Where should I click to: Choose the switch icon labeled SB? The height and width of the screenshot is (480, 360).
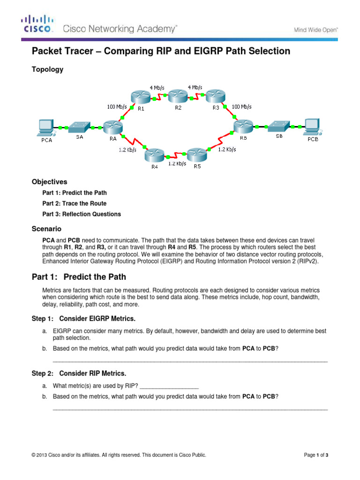[x=278, y=126]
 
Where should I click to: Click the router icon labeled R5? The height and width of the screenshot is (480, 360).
[x=196, y=155]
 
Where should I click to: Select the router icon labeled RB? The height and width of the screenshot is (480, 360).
[x=244, y=126]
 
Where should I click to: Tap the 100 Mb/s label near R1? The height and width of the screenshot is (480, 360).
[x=120, y=107]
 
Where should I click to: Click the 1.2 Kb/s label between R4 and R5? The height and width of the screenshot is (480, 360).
[x=177, y=164]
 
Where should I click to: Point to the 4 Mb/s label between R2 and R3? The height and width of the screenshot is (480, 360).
[x=195, y=87]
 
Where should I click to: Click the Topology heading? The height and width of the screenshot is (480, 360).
[x=47, y=69]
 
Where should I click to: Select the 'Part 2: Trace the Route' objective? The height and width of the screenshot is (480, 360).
[x=75, y=203]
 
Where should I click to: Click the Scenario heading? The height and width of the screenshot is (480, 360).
[x=46, y=229]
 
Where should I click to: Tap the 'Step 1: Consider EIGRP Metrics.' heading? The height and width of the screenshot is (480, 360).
[x=83, y=319]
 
